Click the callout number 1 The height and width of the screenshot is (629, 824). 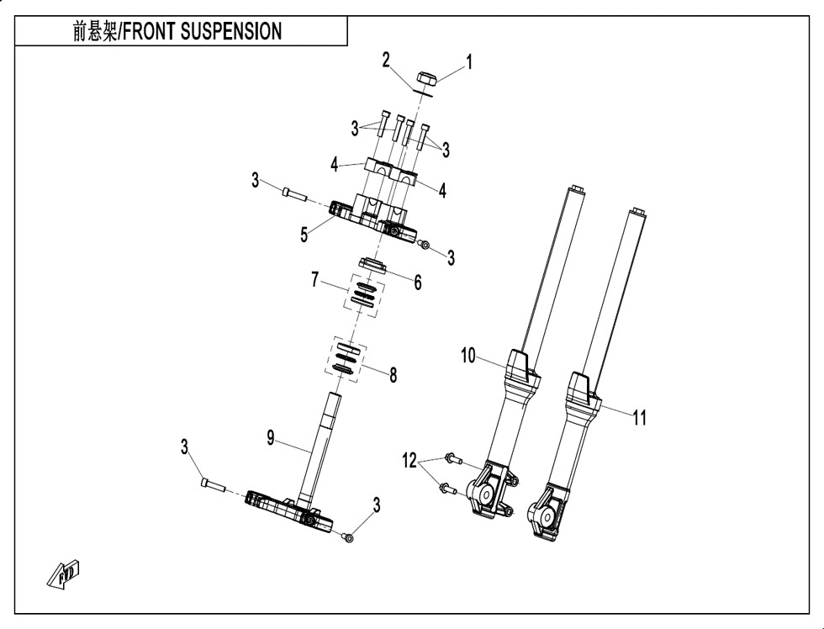[x=470, y=61]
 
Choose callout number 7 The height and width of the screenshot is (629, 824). [x=316, y=278]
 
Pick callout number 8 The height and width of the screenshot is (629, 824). [x=393, y=375]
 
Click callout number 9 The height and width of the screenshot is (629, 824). [x=271, y=437]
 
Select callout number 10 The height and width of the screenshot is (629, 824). [x=467, y=357]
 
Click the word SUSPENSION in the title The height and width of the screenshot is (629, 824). [x=230, y=32]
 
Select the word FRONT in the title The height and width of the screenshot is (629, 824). [x=157, y=32]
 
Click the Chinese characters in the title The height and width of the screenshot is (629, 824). [x=95, y=32]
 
